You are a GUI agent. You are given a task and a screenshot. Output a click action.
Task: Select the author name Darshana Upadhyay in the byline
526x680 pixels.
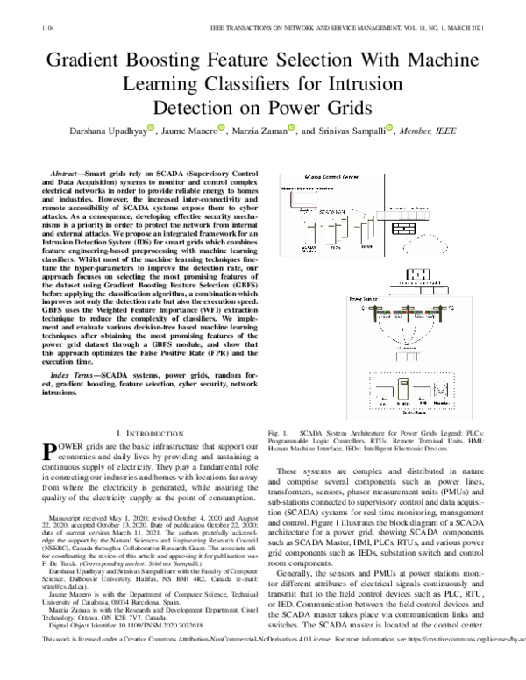[104, 132]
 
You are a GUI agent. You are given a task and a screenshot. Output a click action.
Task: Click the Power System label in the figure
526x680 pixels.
[363, 298]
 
